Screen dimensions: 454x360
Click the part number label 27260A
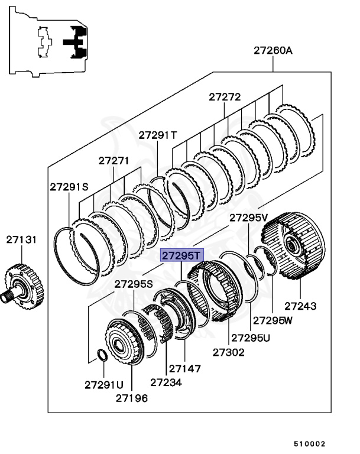tap(273, 51)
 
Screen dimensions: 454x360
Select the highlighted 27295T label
tap(182, 256)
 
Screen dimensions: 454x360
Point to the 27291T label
tap(158, 135)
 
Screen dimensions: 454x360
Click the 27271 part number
tap(113, 160)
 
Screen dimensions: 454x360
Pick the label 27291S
tap(69, 186)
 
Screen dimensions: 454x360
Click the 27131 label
tap(22, 239)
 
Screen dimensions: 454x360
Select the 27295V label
tap(249, 218)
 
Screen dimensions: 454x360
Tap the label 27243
tap(300, 306)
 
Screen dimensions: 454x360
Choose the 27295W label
tap(273, 320)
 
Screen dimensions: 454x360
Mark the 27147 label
tap(184, 368)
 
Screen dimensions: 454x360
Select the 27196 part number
tap(132, 398)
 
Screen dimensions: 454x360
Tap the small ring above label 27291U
tap(101, 355)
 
